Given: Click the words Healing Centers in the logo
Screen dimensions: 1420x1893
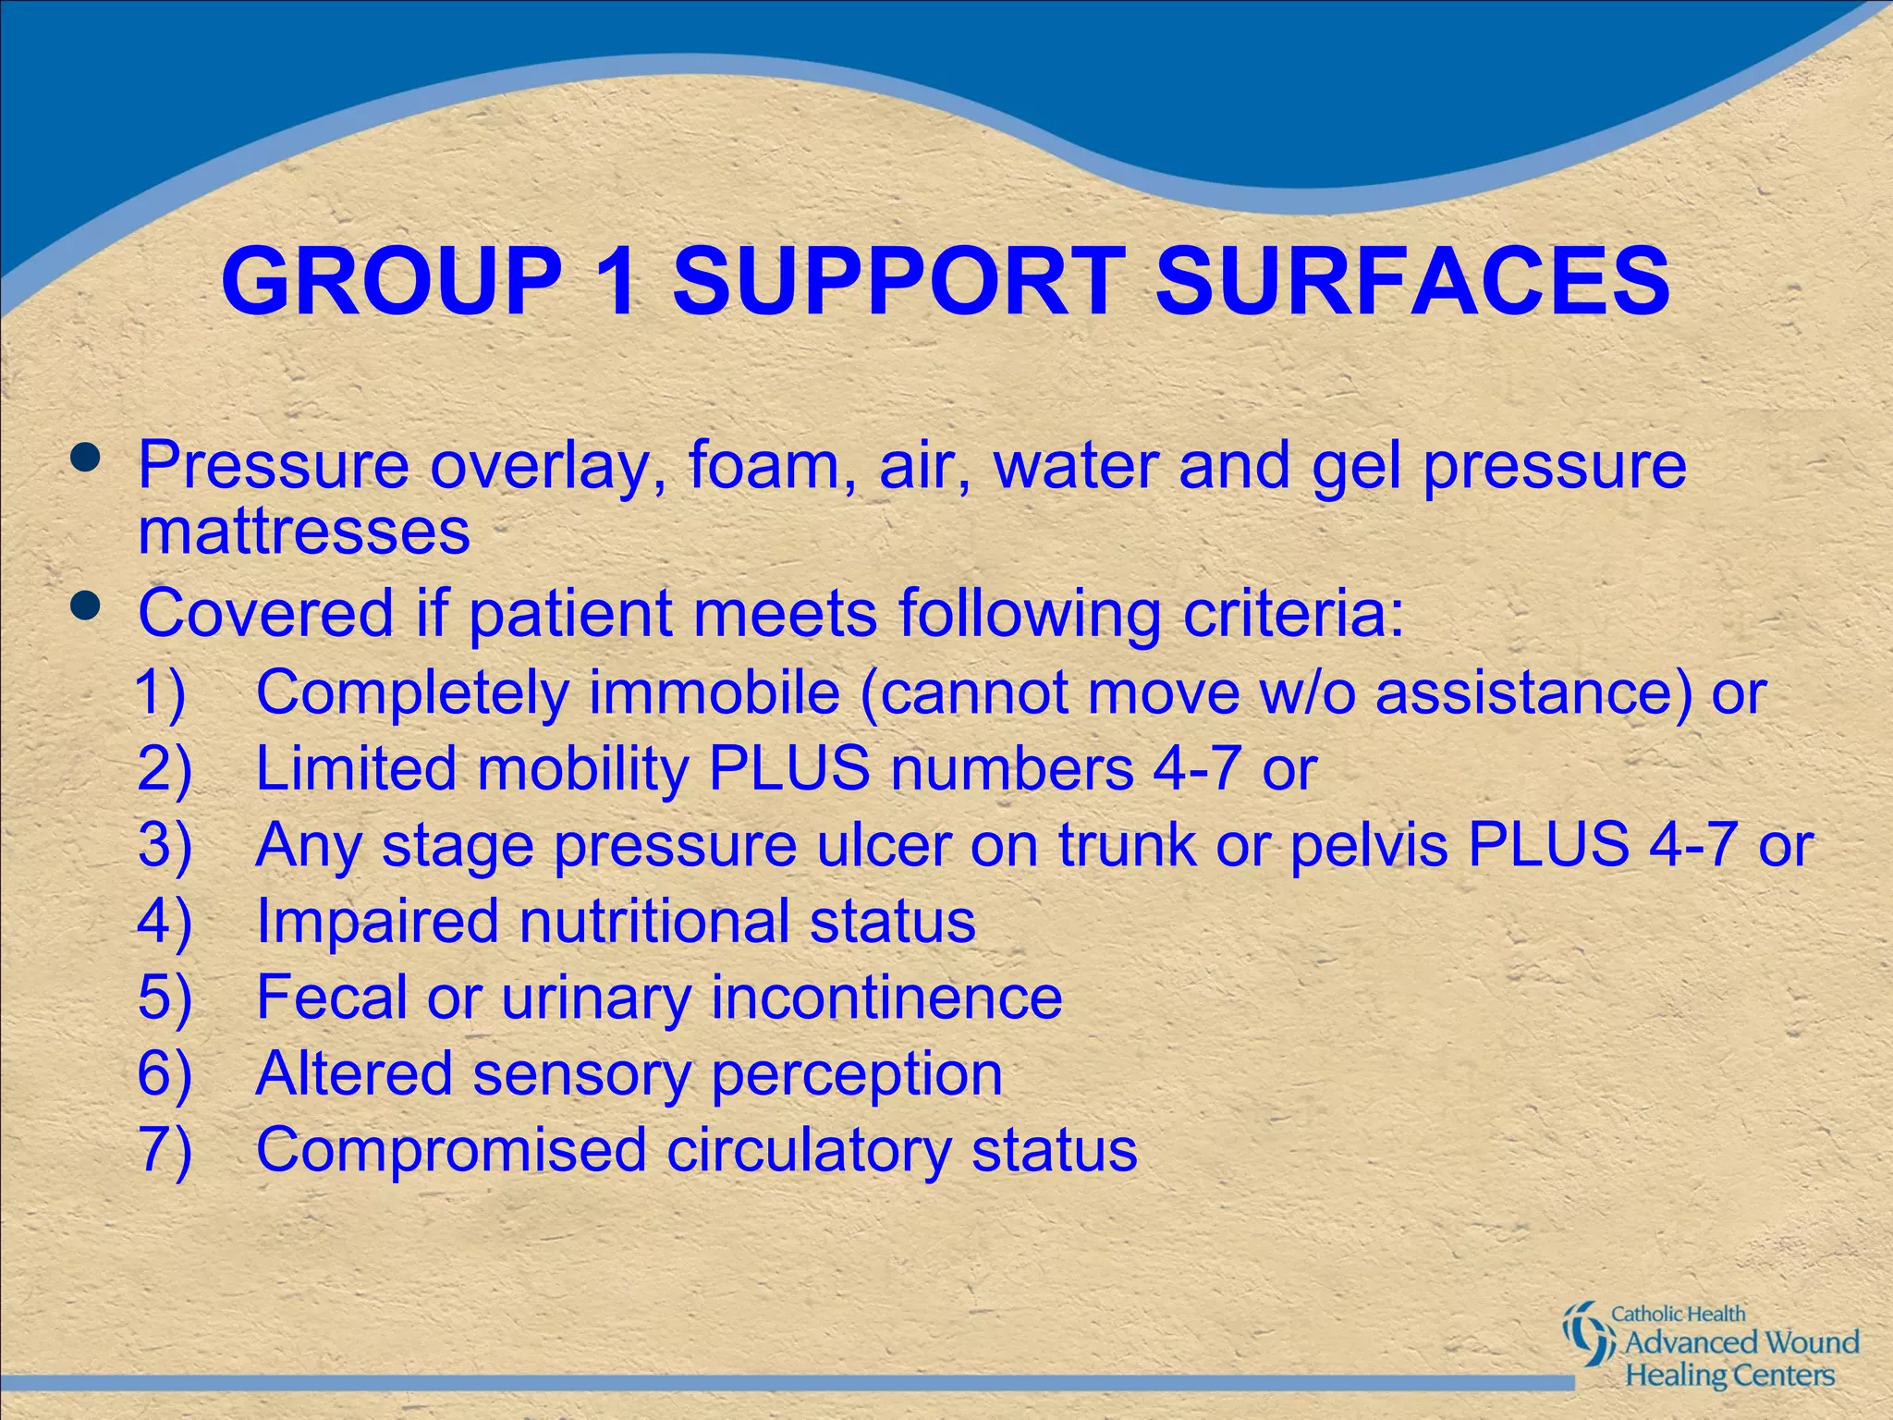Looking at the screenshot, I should (1729, 1375).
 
